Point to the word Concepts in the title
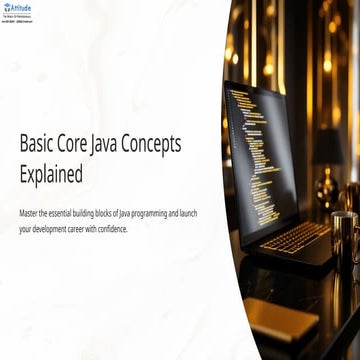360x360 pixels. pos(180,145)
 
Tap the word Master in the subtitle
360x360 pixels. pos(30,213)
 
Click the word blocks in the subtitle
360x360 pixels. pos(114,213)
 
